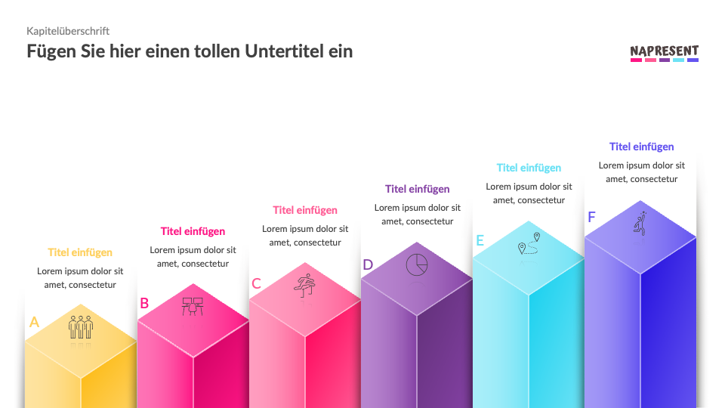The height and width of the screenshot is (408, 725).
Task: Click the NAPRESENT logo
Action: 665,53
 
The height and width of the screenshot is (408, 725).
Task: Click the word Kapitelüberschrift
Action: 68,31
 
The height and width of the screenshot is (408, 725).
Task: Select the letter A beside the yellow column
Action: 34,322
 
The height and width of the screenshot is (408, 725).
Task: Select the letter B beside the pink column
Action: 144,304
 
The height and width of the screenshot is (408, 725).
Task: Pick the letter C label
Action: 256,284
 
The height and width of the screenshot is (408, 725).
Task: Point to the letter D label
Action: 368,264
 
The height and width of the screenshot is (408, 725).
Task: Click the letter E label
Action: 480,241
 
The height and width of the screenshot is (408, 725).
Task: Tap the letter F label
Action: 591,218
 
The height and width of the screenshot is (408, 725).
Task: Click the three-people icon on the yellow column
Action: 81,327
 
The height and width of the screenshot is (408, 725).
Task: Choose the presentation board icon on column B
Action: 193,306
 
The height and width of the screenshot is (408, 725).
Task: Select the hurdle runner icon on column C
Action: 304,285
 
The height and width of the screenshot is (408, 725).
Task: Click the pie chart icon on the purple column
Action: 417,264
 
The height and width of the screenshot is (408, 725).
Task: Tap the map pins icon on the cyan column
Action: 529,243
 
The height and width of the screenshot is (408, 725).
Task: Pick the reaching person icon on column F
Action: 640,224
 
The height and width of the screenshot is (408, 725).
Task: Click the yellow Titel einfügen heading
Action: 80,252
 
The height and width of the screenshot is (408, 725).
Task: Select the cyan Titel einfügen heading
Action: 529,168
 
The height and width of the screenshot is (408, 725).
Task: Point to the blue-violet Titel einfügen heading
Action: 641,147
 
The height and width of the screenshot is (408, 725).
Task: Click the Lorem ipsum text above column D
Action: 417,215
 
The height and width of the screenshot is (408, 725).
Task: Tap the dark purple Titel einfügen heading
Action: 417,189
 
